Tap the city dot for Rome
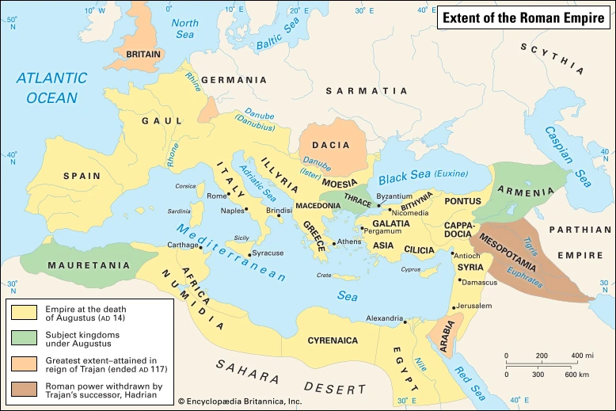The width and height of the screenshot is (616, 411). (x=229, y=194)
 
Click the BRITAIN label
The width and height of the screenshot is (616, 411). (x=138, y=55)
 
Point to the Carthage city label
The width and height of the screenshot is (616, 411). (x=183, y=245)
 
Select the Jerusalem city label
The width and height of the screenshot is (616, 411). (x=474, y=306)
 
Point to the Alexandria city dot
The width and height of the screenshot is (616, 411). (x=403, y=322)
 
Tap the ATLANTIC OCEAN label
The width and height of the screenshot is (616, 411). (x=51, y=88)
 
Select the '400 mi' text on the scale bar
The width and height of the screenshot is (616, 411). (x=583, y=356)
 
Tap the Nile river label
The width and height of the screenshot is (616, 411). (x=418, y=365)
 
